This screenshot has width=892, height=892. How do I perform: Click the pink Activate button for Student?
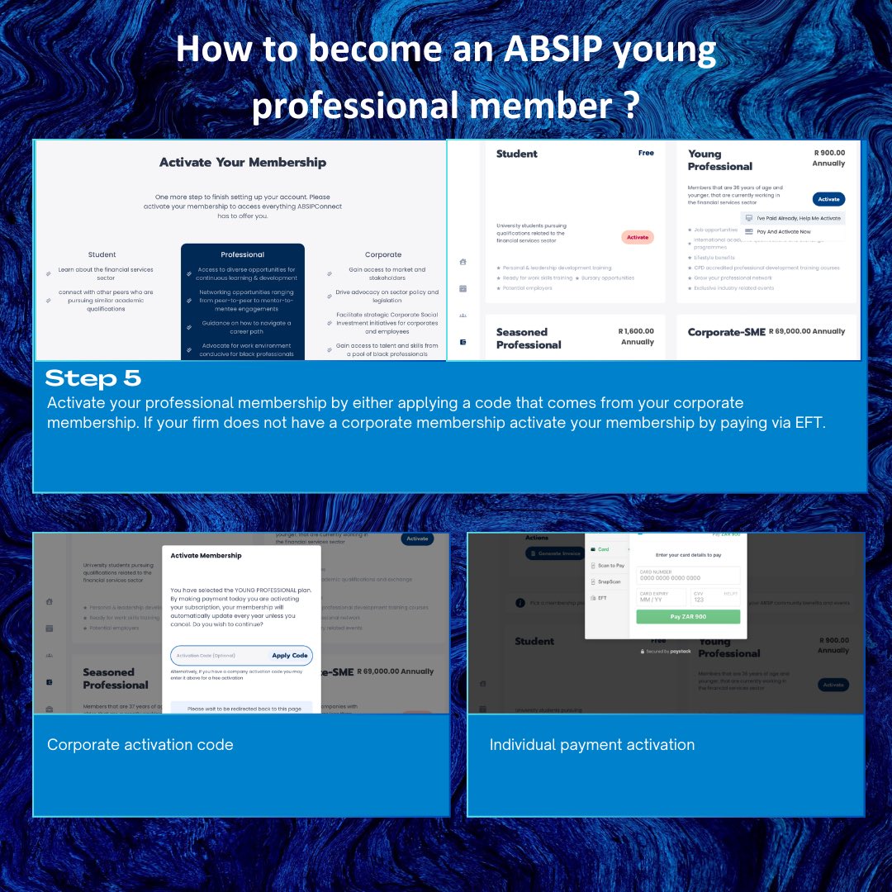tap(638, 237)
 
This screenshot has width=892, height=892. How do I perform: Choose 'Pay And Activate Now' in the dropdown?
tap(783, 232)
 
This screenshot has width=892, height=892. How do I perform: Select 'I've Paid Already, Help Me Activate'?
tap(798, 218)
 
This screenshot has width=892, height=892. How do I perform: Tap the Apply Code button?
tap(289, 656)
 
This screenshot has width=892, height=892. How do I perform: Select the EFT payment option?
tap(602, 597)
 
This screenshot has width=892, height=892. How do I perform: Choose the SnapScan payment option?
tap(610, 581)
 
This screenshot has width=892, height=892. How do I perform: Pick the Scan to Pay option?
tap(610, 566)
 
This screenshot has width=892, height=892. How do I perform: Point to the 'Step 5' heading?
tap(93, 379)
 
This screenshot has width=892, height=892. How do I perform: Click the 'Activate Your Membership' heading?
tap(242, 163)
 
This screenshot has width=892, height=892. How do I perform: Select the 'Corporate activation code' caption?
tap(140, 745)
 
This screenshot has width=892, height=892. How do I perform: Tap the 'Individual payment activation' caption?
tap(591, 745)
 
